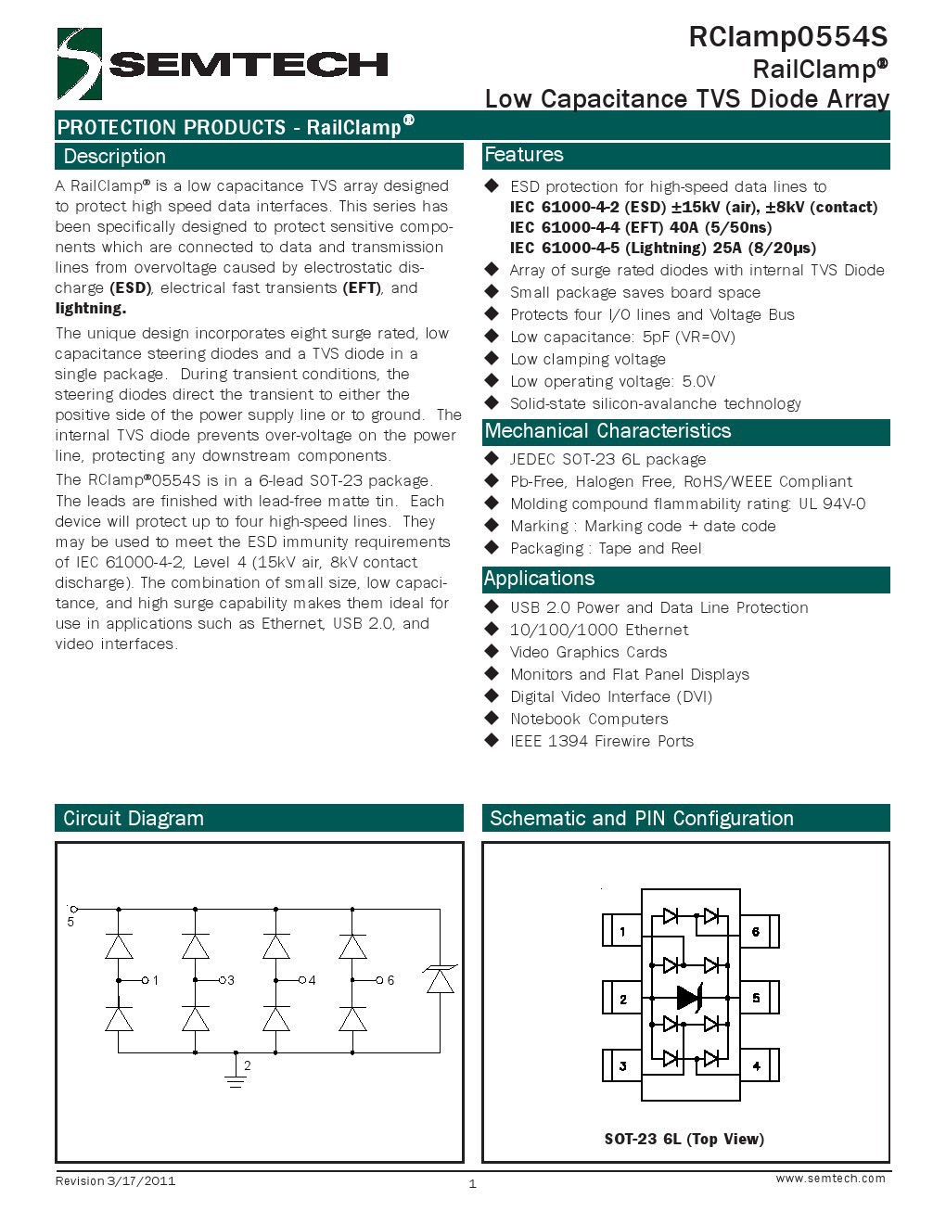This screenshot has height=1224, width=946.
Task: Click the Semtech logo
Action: coord(223,63)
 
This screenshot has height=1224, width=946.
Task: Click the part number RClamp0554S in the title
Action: coord(787,37)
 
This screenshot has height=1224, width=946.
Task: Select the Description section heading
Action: coord(115,157)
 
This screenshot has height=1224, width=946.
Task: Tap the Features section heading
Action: coord(524,155)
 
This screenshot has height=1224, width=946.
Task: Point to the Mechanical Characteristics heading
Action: coord(607,431)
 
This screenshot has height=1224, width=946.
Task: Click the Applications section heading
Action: coord(539,579)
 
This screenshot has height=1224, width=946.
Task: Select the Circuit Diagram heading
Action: coord(134,819)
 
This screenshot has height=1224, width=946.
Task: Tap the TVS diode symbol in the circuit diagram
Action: coord(440,979)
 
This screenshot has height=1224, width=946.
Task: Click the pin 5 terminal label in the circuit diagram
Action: coord(70,922)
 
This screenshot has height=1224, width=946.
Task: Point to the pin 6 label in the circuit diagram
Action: coord(390,980)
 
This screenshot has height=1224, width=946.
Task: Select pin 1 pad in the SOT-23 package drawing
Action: coord(622,931)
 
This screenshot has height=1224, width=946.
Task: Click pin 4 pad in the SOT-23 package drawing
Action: coord(757,1065)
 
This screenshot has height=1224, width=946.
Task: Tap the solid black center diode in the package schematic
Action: coord(689,998)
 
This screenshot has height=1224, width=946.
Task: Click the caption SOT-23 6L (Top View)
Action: coord(684,1139)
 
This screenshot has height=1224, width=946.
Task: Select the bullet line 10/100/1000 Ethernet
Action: coord(599,631)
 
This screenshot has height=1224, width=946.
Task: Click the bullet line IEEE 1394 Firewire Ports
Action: coord(602,742)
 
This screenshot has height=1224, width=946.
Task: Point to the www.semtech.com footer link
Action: coord(830,1179)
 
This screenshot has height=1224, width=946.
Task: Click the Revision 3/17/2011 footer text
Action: coord(115,1181)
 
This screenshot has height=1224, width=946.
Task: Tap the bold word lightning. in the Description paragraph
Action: coord(91,309)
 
